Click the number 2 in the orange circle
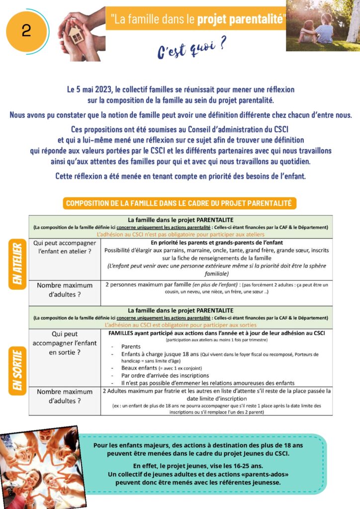click(x=26, y=31)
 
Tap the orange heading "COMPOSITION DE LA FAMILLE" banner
click(x=180, y=203)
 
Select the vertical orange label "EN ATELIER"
click(x=16, y=259)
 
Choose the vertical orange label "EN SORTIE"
click(x=17, y=371)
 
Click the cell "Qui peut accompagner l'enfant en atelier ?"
click(x=65, y=247)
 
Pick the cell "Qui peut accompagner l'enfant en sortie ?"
click(x=65, y=343)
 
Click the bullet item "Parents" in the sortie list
click(x=131, y=347)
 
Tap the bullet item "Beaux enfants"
click(x=141, y=368)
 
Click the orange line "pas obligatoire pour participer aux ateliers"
click(x=180, y=234)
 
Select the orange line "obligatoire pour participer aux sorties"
click(x=180, y=324)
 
